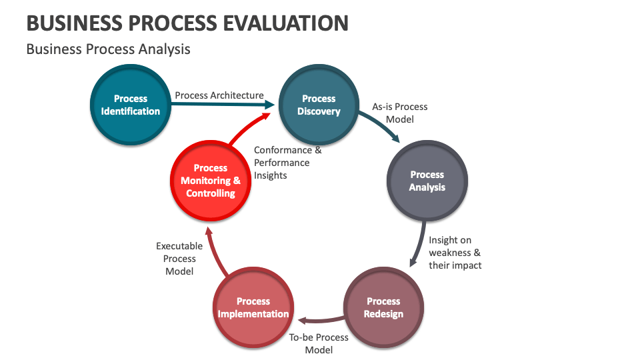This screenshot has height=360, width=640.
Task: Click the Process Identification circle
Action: pyautogui.click(x=131, y=105)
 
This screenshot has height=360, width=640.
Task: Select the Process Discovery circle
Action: pyautogui.click(x=319, y=105)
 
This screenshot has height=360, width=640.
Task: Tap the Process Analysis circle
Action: pyautogui.click(x=427, y=181)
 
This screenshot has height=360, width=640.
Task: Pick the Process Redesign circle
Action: pyautogui.click(x=383, y=307)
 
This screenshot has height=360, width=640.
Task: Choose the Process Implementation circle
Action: pyautogui.click(x=253, y=307)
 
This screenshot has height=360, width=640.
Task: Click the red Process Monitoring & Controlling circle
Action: pyautogui.click(x=210, y=181)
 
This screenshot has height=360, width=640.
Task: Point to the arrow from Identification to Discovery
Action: pyautogui.click(x=223, y=104)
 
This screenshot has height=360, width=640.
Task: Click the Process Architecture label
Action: pyautogui.click(x=219, y=95)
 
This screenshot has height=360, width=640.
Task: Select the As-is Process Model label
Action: pyautogui.click(x=400, y=113)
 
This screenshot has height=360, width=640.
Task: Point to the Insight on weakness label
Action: pyautogui.click(x=455, y=253)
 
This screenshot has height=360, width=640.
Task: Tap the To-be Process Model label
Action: pyautogui.click(x=319, y=343)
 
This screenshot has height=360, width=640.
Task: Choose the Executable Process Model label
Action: pyautogui.click(x=179, y=259)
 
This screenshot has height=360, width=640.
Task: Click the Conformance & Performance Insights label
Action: pyautogui.click(x=287, y=163)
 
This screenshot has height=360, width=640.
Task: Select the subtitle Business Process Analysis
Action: pyautogui.click(x=108, y=49)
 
